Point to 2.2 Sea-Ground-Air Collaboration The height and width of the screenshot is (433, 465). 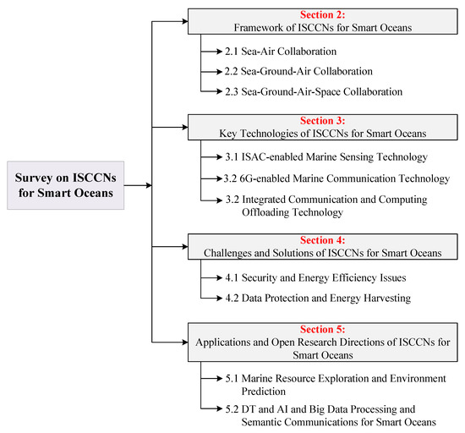[293, 71]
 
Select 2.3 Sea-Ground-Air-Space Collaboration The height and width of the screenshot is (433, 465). [312, 90]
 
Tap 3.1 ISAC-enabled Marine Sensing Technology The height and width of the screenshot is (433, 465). [317, 158]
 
